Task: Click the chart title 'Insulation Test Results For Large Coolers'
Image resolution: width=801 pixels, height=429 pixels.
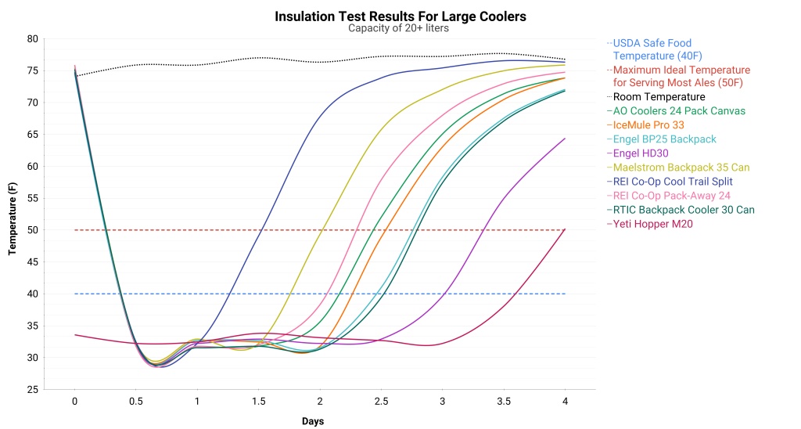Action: coord(400,16)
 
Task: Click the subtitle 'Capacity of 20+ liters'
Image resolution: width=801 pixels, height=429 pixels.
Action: coord(400,29)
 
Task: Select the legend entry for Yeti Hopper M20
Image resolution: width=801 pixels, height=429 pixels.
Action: coord(652,224)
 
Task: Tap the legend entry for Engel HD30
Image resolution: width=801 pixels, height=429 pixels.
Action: coord(641,153)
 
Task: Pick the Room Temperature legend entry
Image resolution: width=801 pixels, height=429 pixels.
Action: coord(659,97)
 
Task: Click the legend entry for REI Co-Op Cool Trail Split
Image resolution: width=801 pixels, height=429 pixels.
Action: coord(674,182)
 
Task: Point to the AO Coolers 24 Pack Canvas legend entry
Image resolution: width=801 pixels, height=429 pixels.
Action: coord(679,111)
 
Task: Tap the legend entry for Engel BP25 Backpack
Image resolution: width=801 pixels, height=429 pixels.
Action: coord(664,139)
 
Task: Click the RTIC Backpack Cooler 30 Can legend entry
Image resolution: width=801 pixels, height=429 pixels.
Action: coord(684,210)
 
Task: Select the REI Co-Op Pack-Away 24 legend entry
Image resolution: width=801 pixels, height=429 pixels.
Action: coord(671,196)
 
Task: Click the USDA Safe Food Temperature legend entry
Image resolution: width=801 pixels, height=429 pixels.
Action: coord(652,49)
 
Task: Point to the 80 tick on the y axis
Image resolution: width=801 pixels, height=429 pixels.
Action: coord(32,39)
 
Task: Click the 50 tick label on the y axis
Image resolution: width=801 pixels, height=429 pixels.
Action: coord(32,230)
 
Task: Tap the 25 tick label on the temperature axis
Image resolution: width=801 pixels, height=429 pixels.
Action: coord(32,390)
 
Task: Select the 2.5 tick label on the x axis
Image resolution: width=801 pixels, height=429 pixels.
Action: coord(381,402)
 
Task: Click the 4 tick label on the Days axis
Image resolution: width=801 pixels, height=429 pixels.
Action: coord(565,402)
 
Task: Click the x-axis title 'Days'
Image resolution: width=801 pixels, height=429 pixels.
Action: coord(312,421)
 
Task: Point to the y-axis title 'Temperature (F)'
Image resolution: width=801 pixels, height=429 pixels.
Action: coord(13,214)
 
